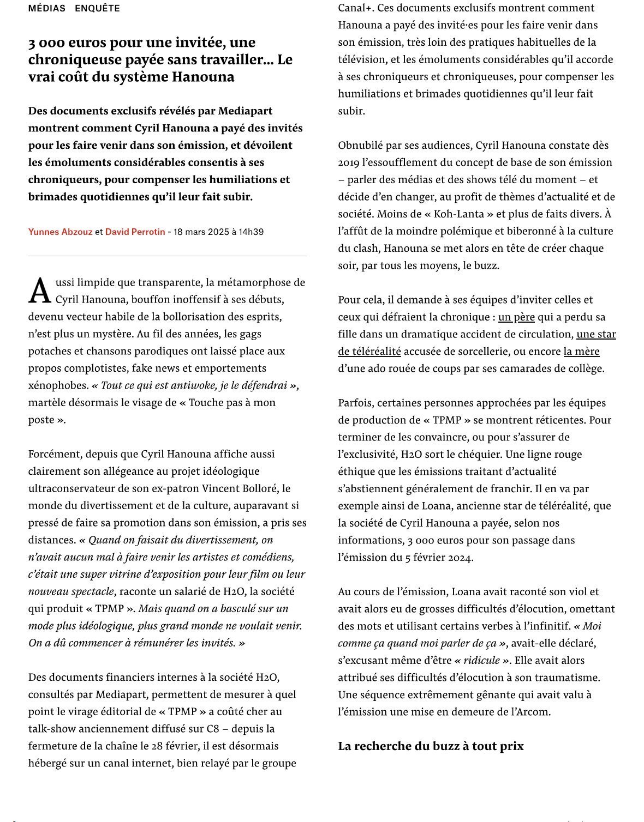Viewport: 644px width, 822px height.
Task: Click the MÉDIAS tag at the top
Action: click(47, 8)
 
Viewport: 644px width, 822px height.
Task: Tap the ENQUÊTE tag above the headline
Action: click(97, 8)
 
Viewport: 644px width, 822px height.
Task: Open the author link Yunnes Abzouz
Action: click(60, 232)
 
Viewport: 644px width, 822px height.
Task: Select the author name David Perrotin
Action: click(135, 232)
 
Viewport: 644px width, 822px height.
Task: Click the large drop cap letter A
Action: click(39, 291)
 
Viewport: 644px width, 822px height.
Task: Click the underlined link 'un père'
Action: click(516, 317)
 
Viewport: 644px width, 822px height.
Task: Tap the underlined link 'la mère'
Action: click(581, 351)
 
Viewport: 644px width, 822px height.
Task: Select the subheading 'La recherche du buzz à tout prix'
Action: click(431, 746)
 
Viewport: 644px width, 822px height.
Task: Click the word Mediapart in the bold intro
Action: click(245, 111)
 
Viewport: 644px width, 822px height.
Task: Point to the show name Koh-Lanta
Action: click(449, 214)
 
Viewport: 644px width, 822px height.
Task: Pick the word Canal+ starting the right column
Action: click(355, 8)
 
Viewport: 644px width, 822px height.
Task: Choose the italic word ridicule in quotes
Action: click(481, 660)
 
